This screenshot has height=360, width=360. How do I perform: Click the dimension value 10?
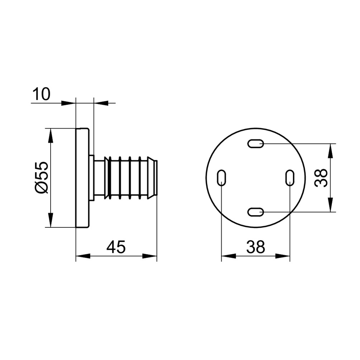point(41,94)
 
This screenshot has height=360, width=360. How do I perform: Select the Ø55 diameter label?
point(42,177)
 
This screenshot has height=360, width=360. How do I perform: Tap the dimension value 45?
point(116,247)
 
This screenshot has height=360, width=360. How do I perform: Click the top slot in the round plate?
point(255,144)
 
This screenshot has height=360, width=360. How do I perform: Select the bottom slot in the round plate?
point(255,212)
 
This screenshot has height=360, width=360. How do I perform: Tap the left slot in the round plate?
point(221,178)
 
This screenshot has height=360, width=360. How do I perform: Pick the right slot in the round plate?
point(290,178)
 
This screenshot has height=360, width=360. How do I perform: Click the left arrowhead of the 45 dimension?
point(83,256)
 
